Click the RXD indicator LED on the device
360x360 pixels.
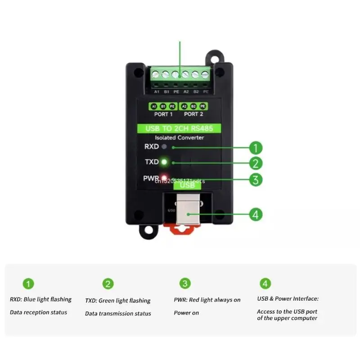[x=164, y=147]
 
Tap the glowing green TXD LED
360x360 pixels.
[x=164, y=162]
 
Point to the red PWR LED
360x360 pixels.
[x=164, y=177]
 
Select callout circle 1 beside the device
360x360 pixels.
[x=256, y=148]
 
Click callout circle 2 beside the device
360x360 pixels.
[x=256, y=163]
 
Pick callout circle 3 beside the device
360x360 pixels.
[x=256, y=180]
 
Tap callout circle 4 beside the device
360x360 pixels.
[x=256, y=214]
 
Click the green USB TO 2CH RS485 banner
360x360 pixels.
[x=180, y=129]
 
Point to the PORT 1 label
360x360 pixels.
[x=164, y=114]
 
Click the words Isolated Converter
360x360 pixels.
[x=179, y=138]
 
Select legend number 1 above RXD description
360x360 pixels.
[x=29, y=283]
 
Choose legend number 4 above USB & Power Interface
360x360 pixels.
[x=265, y=283]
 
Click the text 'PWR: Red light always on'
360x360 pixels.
[x=207, y=300]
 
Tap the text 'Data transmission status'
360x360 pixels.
[x=118, y=313]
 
